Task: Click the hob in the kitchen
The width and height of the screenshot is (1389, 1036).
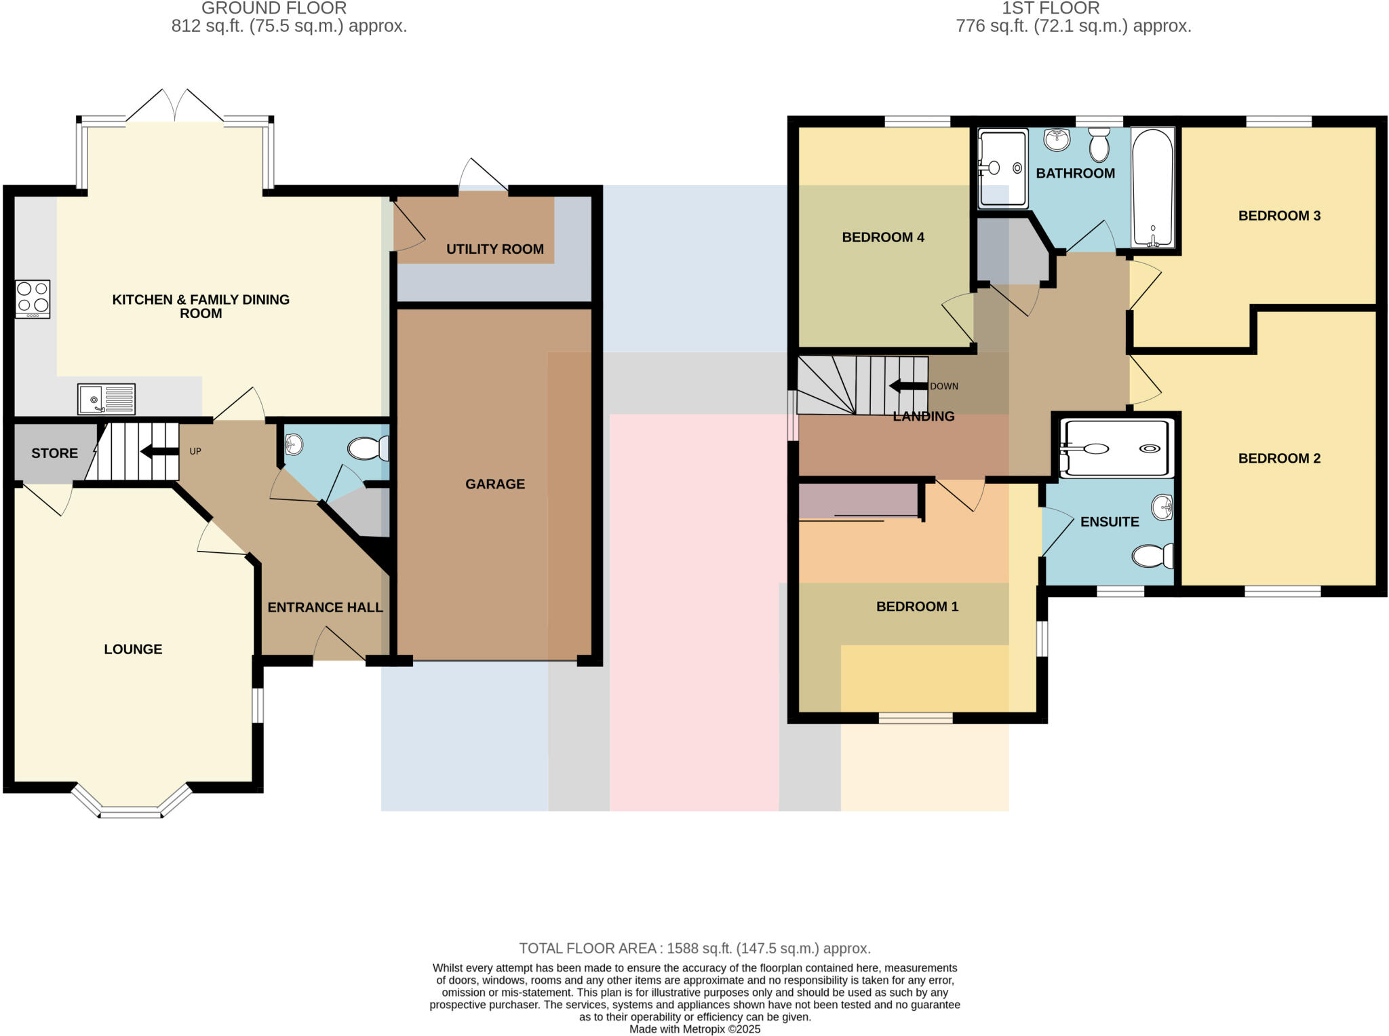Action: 33,299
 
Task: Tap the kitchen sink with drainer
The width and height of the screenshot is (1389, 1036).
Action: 106,399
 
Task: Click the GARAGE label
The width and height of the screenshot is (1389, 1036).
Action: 494,484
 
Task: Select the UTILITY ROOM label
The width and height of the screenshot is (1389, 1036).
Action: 494,249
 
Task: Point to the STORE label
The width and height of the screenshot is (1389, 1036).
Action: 54,453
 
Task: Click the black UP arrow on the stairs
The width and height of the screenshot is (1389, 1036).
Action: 159,451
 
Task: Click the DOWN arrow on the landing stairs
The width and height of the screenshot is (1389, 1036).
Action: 908,386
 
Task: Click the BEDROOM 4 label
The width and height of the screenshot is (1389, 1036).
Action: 882,237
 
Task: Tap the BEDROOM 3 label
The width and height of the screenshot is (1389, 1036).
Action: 1278,216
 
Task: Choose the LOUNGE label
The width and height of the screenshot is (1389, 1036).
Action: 133,649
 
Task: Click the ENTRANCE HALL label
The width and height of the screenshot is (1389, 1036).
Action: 325,607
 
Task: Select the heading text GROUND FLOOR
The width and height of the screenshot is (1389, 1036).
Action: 274,9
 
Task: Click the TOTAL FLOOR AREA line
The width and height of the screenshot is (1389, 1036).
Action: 694,948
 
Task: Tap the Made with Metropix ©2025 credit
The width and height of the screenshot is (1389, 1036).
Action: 694,1029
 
